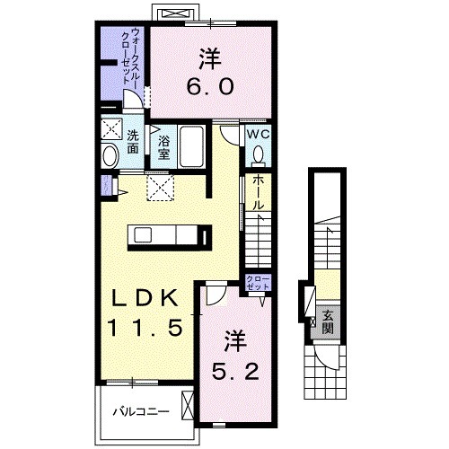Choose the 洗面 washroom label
tap(132, 143)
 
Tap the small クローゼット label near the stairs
tap(257, 284)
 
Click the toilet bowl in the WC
tap(260, 153)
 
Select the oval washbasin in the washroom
tap(110, 156)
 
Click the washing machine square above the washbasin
tap(110, 128)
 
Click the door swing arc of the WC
tap(231, 137)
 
